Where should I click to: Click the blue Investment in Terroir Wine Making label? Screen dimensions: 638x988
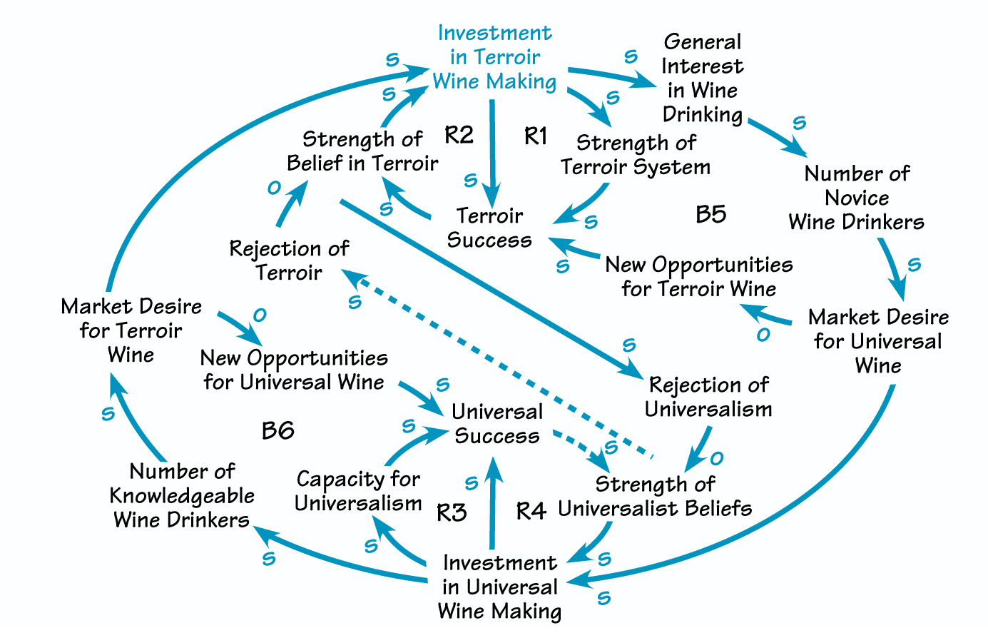(495, 57)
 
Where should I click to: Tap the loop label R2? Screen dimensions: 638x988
(459, 134)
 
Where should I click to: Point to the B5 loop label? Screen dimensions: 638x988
(711, 214)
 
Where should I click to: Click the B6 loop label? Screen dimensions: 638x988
(277, 430)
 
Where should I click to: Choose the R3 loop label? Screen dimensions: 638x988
(451, 512)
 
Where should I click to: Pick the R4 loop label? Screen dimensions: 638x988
(531, 511)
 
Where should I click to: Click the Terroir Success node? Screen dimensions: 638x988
(489, 228)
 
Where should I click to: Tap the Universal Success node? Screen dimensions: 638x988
(497, 424)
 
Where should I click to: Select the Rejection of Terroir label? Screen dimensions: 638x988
(289, 260)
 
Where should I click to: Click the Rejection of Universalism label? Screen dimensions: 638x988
(708, 397)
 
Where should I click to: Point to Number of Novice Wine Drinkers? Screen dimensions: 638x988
(856, 198)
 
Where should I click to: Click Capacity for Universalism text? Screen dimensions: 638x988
(358, 491)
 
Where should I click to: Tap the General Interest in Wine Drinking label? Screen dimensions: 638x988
(702, 79)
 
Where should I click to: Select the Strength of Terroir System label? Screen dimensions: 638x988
(636, 155)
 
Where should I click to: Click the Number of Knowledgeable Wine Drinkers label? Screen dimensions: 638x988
(182, 495)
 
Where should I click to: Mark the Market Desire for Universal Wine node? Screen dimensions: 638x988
(878, 341)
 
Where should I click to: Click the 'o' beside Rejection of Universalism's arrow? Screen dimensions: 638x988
(716, 458)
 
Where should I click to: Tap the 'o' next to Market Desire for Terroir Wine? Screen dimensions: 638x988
(259, 315)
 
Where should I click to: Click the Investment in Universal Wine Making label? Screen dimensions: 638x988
(499, 587)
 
